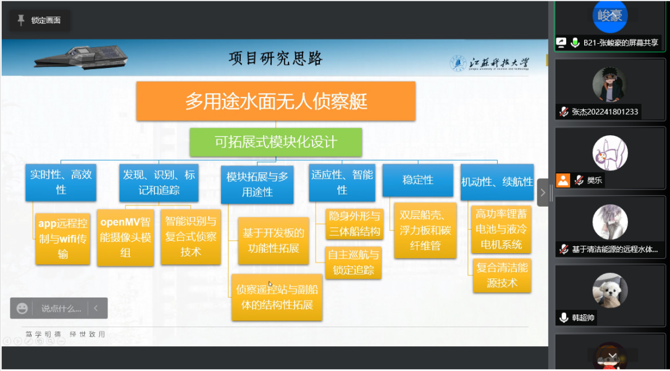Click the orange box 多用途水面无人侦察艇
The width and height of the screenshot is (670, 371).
pyautogui.click(x=276, y=101)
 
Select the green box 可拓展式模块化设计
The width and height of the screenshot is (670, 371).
pyautogui.click(x=275, y=143)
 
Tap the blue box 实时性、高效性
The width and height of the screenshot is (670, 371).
pyautogui.click(x=61, y=182)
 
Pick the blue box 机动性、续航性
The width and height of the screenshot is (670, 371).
pyautogui.click(x=496, y=181)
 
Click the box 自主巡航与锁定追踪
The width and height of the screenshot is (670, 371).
pyautogui.click(x=353, y=262)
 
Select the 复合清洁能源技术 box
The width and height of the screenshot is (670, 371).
pyautogui.click(x=501, y=275)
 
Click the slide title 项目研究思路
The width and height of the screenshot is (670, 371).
pyautogui.click(x=275, y=59)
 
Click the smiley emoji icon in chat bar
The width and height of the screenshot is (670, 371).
pyautogui.click(x=23, y=308)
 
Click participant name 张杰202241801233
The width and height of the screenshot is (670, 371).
pyautogui.click(x=605, y=112)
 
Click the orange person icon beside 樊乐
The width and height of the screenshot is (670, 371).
pyautogui.click(x=563, y=180)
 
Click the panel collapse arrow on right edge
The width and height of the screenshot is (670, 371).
pyautogui.click(x=543, y=193)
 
